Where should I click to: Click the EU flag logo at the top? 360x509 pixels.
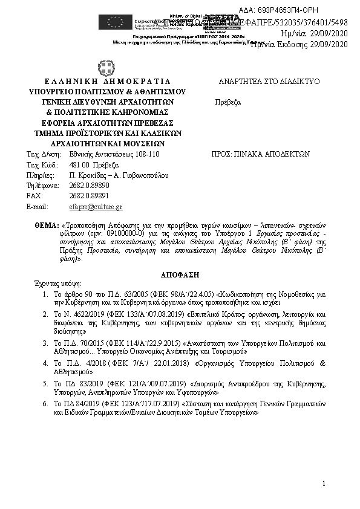pyautogui.click(x=115, y=22)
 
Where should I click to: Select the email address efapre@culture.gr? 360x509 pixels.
pyautogui.click(x=96, y=207)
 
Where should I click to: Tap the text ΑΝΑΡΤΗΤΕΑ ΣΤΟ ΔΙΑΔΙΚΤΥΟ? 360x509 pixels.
pyautogui.click(x=269, y=81)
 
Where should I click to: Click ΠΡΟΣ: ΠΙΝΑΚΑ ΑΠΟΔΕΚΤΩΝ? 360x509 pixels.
pyautogui.click(x=260, y=154)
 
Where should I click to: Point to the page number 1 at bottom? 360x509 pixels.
pyautogui.click(x=324, y=483)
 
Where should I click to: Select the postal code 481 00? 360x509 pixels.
pyautogui.click(x=80, y=165)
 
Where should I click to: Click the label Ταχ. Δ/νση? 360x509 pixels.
pyautogui.click(x=44, y=154)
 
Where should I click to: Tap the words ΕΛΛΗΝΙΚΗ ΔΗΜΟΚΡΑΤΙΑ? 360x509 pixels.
pyautogui.click(x=108, y=81)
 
